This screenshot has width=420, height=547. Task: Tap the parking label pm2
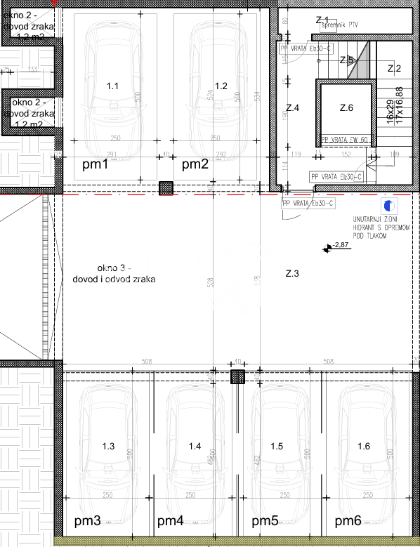point(195,165)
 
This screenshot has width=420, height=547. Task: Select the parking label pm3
point(88,521)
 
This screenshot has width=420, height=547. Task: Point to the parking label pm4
point(171,521)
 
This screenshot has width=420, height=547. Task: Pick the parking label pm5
point(265,521)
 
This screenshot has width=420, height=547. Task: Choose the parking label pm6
point(348,521)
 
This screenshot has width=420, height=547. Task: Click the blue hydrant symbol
point(388,206)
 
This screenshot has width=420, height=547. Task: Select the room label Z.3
point(292,273)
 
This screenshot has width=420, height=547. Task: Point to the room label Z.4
point(293,108)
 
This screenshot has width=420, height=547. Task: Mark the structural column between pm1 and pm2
point(166,188)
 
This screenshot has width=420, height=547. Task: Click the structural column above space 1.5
point(239,377)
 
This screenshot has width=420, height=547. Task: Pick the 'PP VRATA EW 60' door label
point(345,140)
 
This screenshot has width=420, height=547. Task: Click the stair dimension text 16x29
point(390,106)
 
